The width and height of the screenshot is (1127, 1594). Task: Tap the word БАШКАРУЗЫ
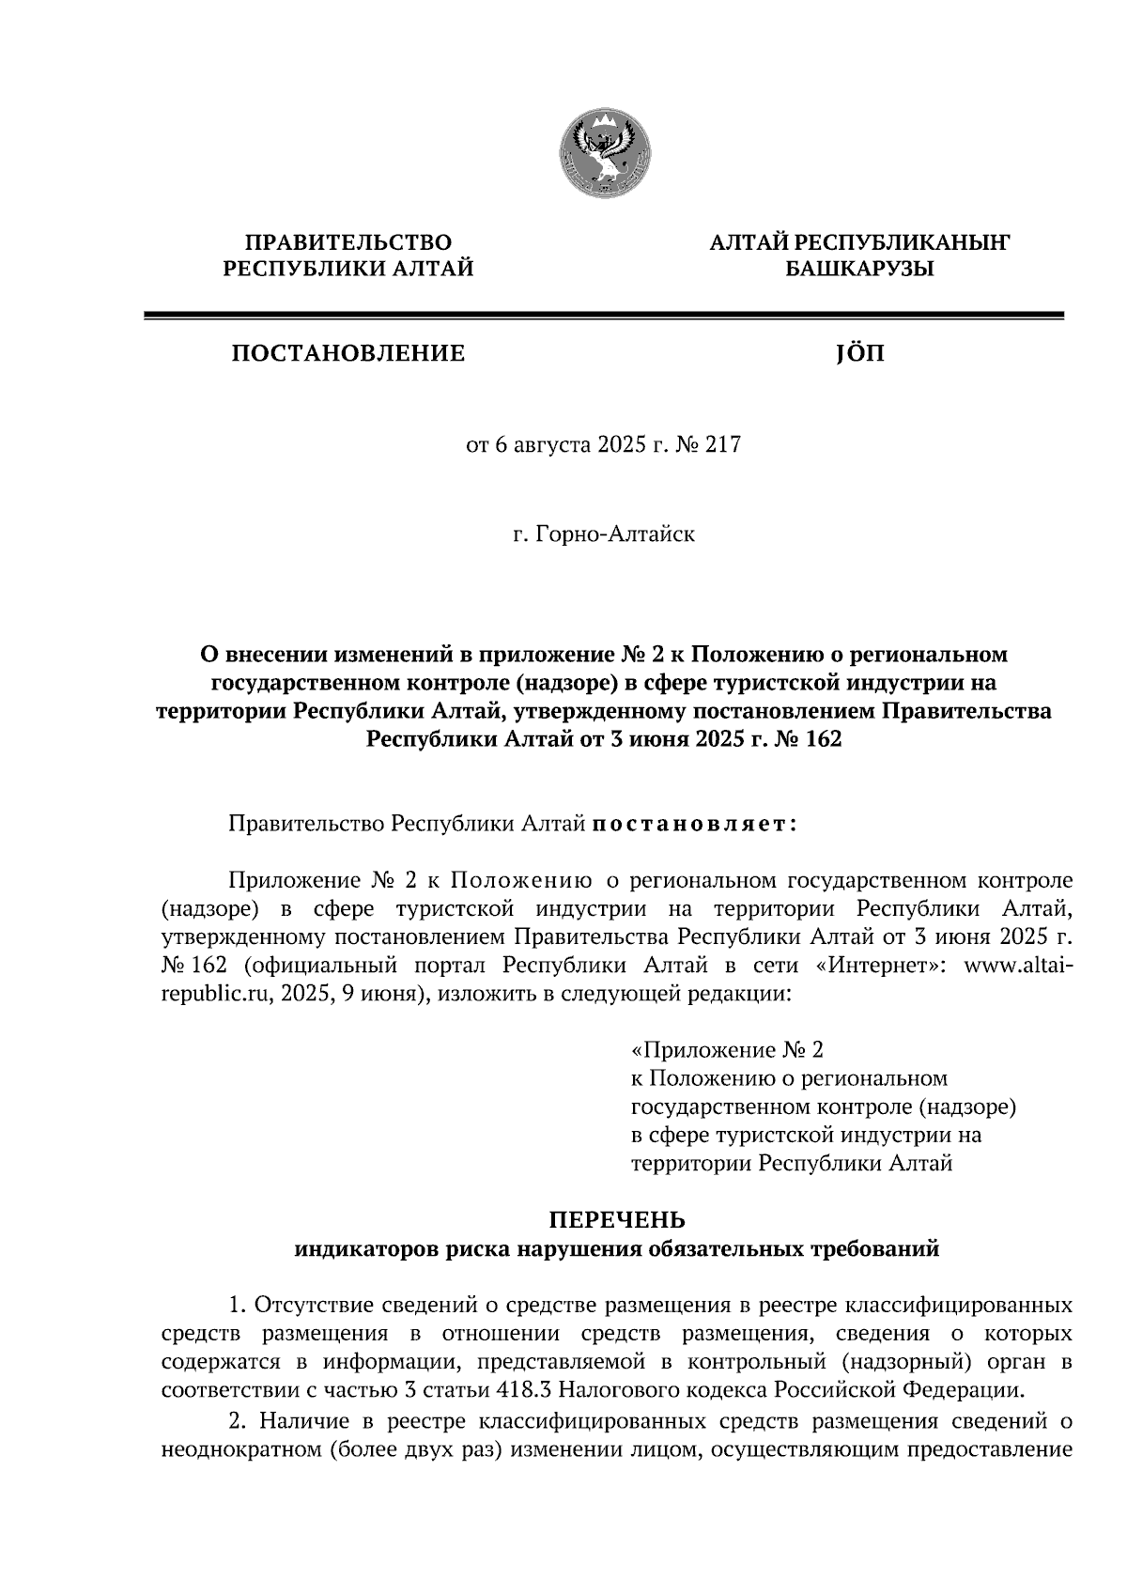click(859, 270)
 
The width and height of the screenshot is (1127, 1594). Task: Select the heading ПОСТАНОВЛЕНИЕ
click(348, 353)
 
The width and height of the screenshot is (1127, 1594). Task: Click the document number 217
click(722, 444)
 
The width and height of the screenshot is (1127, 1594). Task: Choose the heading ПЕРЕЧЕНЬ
click(617, 1220)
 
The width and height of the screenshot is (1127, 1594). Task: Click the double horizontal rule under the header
click(603, 317)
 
